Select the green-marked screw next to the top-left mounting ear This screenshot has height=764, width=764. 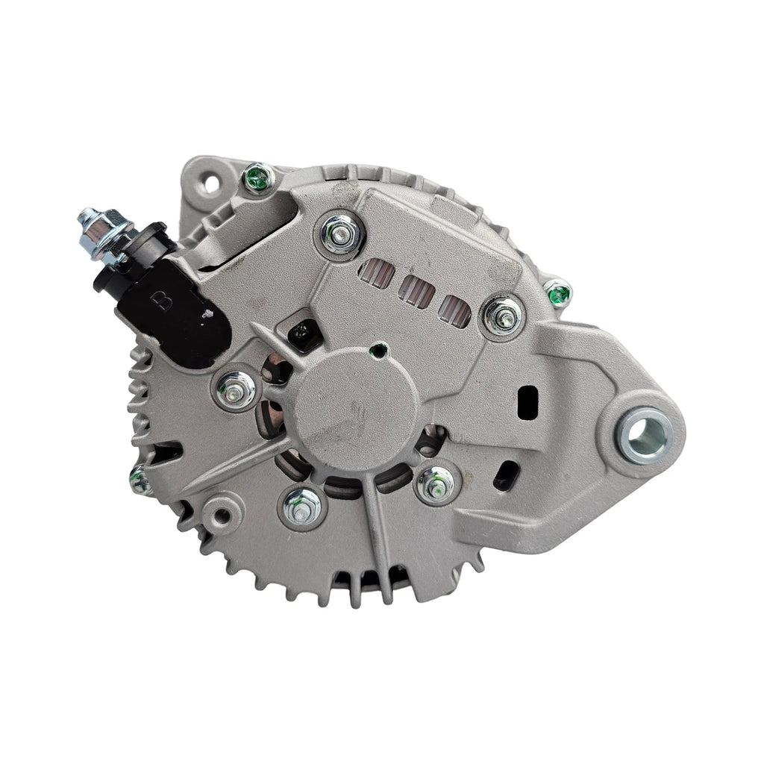257,178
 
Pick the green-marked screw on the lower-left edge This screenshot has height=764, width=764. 140,480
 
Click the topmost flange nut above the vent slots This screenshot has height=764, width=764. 340,234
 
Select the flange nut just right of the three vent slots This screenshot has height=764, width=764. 503,316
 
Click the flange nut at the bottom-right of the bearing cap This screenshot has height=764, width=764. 436,486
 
